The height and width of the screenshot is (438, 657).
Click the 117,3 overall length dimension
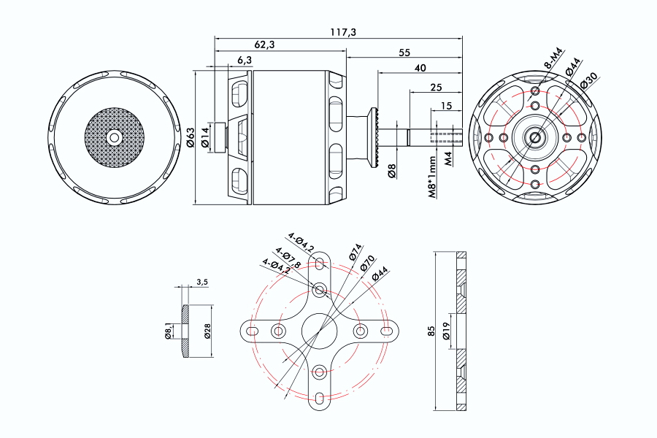337,32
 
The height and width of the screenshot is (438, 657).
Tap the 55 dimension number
404,53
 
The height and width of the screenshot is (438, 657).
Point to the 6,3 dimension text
244,60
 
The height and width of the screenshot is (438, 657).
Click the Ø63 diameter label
191,137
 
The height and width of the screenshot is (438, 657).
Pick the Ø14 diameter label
206,137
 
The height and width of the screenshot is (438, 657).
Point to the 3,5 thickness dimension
202,282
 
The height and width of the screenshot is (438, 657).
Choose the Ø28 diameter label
207,331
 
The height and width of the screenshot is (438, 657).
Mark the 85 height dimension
431,331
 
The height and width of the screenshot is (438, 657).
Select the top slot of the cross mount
319,264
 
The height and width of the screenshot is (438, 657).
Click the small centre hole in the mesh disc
114,137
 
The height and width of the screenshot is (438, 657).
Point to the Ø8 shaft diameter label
392,171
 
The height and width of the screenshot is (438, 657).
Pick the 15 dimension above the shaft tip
446,106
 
